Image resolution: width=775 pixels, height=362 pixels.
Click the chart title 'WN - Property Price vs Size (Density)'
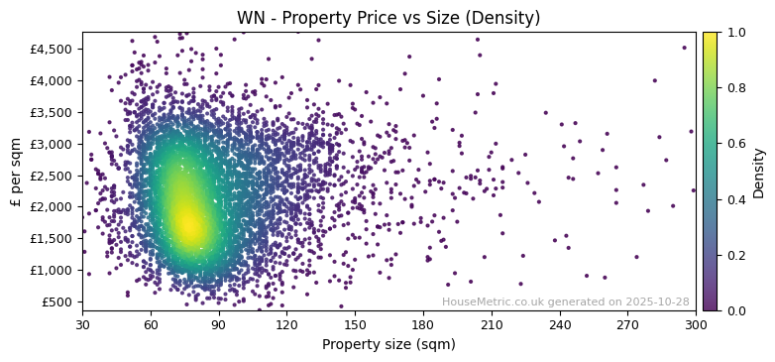[388, 18]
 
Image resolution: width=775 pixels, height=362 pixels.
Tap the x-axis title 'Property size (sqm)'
[388, 345]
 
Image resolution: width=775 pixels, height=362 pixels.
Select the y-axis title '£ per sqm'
[16, 172]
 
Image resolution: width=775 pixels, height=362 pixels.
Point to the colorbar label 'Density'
[759, 172]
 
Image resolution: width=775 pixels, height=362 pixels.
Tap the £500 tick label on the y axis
[56, 302]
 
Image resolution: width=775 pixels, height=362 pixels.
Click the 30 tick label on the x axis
[82, 324]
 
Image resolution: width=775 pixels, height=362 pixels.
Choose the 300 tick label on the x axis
[696, 324]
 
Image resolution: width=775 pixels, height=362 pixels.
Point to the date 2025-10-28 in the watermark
[657, 302]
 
